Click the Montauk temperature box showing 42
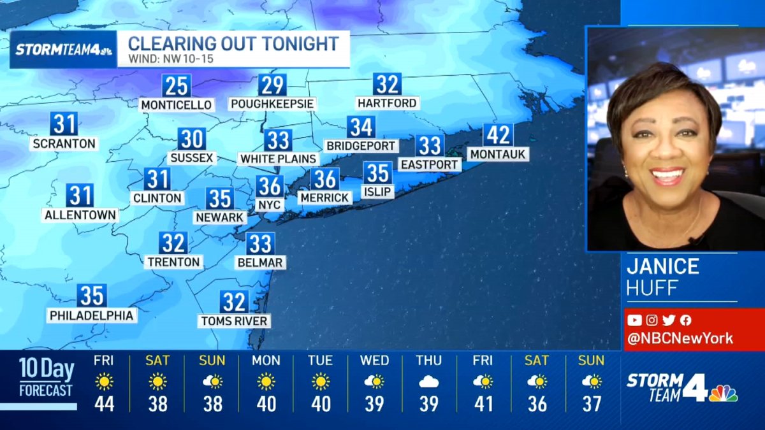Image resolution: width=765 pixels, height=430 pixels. click(x=498, y=135)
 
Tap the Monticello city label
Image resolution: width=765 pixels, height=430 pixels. click(x=177, y=104)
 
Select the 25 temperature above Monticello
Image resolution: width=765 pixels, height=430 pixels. click(x=177, y=85)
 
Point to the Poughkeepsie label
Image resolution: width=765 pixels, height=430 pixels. click(x=273, y=103)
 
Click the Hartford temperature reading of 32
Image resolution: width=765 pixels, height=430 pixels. click(x=387, y=84)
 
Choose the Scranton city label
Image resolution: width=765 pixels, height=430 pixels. click(x=64, y=143)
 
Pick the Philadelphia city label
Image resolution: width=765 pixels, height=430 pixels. click(x=92, y=315)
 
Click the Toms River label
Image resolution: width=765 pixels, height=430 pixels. click(x=235, y=320)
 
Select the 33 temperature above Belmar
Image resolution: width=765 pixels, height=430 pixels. click(x=260, y=243)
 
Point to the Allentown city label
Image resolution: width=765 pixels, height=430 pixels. click(x=80, y=215)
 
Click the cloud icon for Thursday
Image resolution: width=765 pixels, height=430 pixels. click(x=428, y=382)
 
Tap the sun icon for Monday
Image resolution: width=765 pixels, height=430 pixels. click(x=266, y=382)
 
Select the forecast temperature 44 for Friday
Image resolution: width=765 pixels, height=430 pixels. click(x=104, y=404)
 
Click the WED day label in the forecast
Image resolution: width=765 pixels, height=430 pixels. click(x=375, y=361)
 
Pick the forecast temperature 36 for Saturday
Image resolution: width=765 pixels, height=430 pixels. click(x=537, y=404)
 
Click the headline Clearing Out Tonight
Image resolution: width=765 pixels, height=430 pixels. click(x=233, y=44)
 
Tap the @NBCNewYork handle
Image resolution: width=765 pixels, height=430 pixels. click(x=680, y=338)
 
